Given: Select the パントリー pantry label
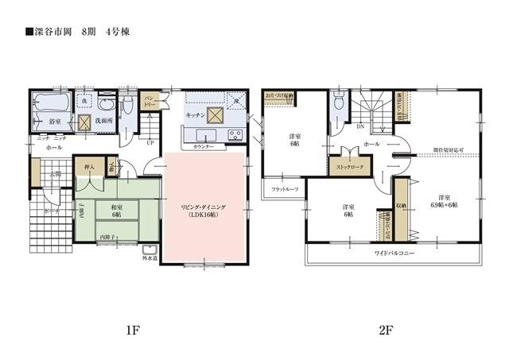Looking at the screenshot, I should point(149,102).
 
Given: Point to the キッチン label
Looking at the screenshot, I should point(196,115).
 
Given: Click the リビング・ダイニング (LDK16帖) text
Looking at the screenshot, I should point(204,211).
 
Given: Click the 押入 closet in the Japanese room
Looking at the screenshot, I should point(89,168).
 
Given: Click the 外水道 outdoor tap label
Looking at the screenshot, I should point(150,257).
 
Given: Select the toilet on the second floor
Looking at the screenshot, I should point(339,102).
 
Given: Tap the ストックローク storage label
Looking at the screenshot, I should point(351,168).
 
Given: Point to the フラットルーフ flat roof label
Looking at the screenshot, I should point(285,190).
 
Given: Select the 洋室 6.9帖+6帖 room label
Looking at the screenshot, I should point(445,201).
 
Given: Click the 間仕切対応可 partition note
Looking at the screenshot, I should point(448,149).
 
